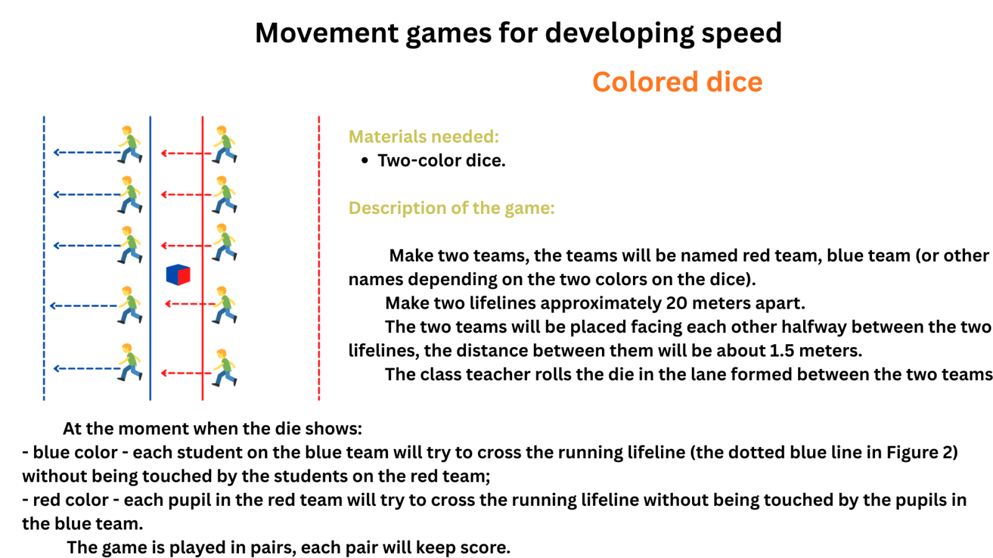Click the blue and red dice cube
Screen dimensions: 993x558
pos(178,275)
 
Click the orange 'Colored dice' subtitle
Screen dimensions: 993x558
pos(677,82)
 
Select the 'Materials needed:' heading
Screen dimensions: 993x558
pos(424,136)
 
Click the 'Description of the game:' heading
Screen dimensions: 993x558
pos(451,208)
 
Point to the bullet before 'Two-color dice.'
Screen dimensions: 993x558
pos(364,161)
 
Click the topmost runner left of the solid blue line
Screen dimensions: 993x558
pos(130,144)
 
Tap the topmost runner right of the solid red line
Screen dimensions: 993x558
pos(224,144)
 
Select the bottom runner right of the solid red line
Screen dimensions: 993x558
pos(224,368)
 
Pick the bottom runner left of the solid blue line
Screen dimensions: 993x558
pos(130,362)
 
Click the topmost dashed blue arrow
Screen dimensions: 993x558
pos(87,153)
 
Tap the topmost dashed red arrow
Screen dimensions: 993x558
pos(186,153)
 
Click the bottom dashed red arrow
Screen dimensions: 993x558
pos(186,373)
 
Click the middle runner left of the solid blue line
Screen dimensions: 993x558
pos(130,245)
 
